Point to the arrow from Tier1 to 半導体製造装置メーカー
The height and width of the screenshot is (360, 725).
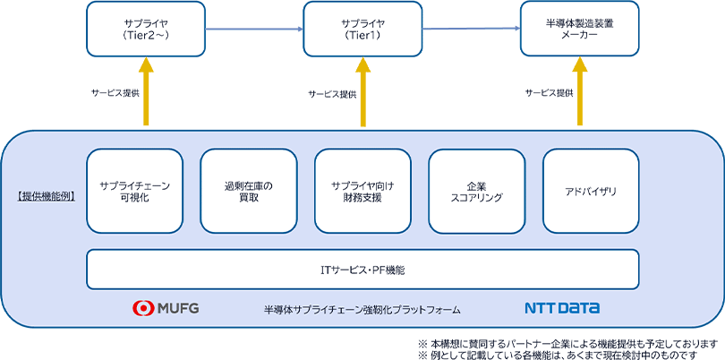click(x=471, y=29)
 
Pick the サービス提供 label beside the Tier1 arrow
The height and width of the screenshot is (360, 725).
click(x=332, y=93)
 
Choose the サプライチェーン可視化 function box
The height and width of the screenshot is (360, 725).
click(x=135, y=191)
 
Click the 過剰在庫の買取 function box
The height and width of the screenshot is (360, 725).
click(x=248, y=191)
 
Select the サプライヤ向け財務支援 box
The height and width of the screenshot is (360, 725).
click(x=362, y=191)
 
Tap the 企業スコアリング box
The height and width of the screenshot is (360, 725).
click(x=477, y=191)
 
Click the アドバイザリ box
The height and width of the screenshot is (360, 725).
click(x=591, y=191)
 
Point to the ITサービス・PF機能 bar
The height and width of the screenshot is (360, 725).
click(x=362, y=269)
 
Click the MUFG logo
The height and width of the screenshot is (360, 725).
click(x=166, y=309)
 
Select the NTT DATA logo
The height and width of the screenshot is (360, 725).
click(x=562, y=309)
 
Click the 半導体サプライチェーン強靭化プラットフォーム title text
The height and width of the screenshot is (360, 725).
click(x=362, y=310)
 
